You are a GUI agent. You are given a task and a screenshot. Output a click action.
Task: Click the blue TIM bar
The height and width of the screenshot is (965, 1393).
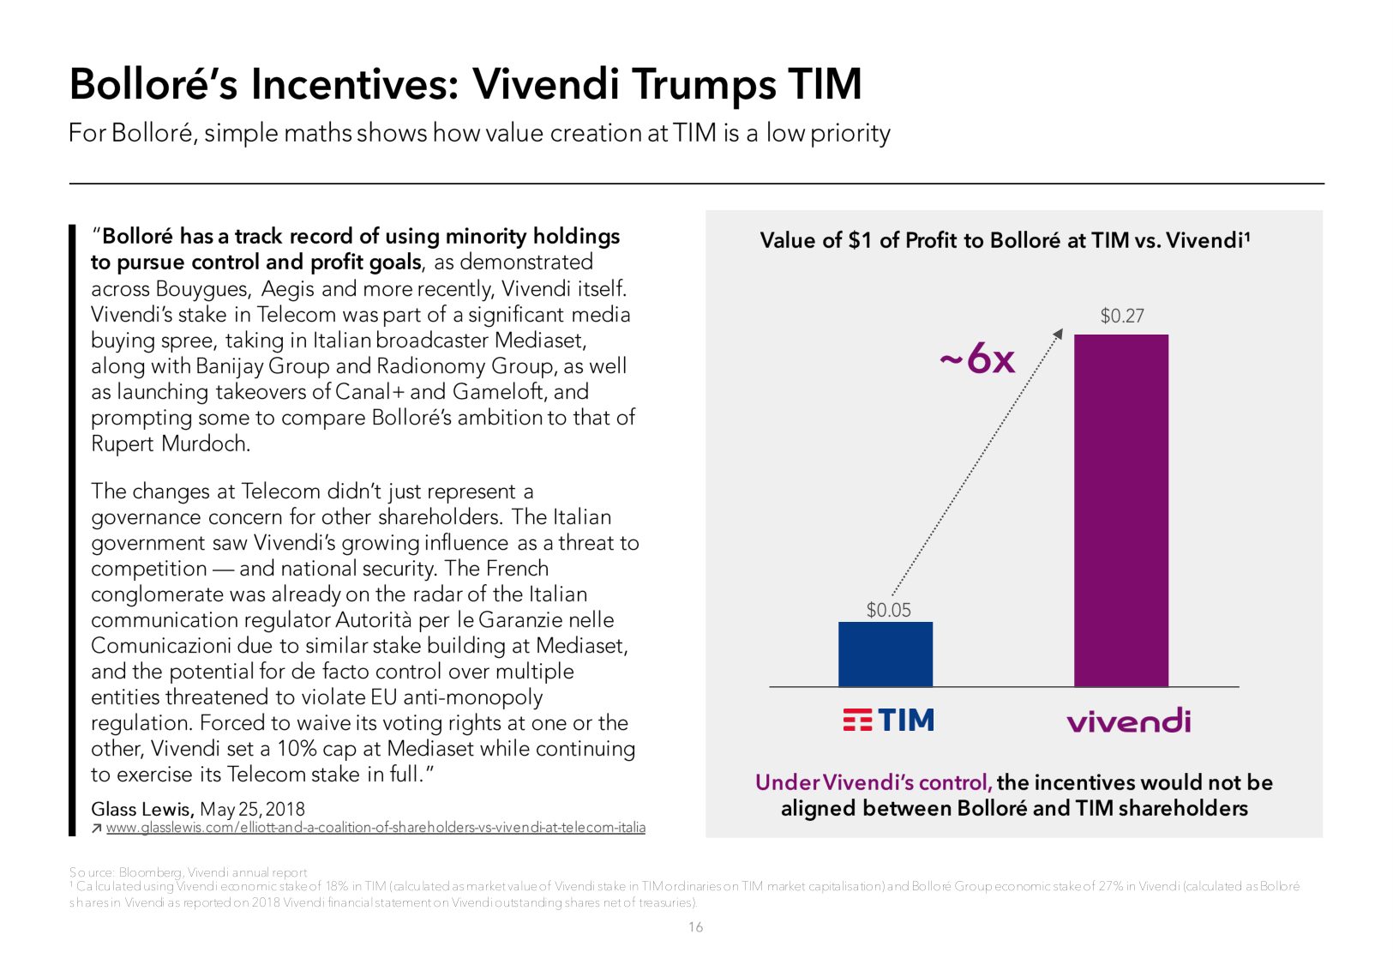tap(885, 654)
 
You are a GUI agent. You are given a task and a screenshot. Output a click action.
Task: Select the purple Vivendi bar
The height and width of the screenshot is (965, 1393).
tap(1120, 510)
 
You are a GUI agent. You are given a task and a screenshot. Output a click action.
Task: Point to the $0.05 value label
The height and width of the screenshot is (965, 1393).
tap(888, 610)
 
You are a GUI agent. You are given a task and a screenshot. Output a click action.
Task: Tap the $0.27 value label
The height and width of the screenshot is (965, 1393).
tap(1121, 316)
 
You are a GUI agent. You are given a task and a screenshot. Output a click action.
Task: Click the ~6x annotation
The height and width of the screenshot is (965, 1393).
tap(977, 359)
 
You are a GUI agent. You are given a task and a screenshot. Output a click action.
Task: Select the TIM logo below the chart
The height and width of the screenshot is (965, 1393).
tap(888, 720)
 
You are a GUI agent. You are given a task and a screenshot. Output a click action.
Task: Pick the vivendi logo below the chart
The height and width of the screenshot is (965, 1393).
tap(1128, 721)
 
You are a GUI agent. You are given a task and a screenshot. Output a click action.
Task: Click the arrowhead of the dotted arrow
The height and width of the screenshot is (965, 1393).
tap(1059, 334)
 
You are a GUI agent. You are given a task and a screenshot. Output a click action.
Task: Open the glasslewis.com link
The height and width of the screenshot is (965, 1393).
tap(375, 828)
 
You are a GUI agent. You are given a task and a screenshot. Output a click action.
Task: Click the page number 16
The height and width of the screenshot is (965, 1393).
tap(695, 927)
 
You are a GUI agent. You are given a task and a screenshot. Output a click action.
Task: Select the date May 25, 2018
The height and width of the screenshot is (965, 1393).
tap(252, 809)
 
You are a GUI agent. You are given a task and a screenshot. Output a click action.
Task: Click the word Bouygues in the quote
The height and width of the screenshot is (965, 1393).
tap(202, 288)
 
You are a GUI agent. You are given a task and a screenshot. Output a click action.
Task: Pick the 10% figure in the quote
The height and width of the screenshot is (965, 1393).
tap(297, 748)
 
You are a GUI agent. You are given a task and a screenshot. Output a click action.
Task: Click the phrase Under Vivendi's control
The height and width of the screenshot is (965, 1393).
tap(873, 782)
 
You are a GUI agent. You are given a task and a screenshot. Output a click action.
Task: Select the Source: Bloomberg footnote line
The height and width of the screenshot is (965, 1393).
tap(188, 872)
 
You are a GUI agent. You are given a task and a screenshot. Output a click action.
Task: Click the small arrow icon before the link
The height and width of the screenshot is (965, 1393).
tap(97, 828)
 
